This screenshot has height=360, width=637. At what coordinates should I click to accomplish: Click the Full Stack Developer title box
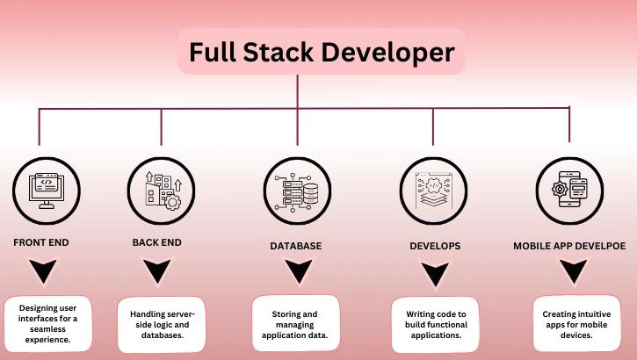(321, 52)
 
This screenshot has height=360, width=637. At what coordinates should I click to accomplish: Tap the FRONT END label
(40, 241)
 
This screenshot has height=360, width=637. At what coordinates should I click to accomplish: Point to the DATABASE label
(296, 246)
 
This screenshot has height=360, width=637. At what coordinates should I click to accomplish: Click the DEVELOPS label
(434, 246)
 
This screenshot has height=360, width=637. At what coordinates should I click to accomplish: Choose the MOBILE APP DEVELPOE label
(569, 246)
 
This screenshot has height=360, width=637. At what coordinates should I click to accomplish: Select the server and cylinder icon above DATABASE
(297, 191)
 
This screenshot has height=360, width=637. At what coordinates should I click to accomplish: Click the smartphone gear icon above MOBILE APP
(568, 191)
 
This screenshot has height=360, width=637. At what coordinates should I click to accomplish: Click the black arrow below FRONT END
(42, 271)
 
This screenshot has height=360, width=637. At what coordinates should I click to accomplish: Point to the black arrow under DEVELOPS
(434, 274)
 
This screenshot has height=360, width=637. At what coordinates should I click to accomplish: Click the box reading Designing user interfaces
(48, 322)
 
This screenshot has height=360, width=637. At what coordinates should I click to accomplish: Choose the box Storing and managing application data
(295, 323)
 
